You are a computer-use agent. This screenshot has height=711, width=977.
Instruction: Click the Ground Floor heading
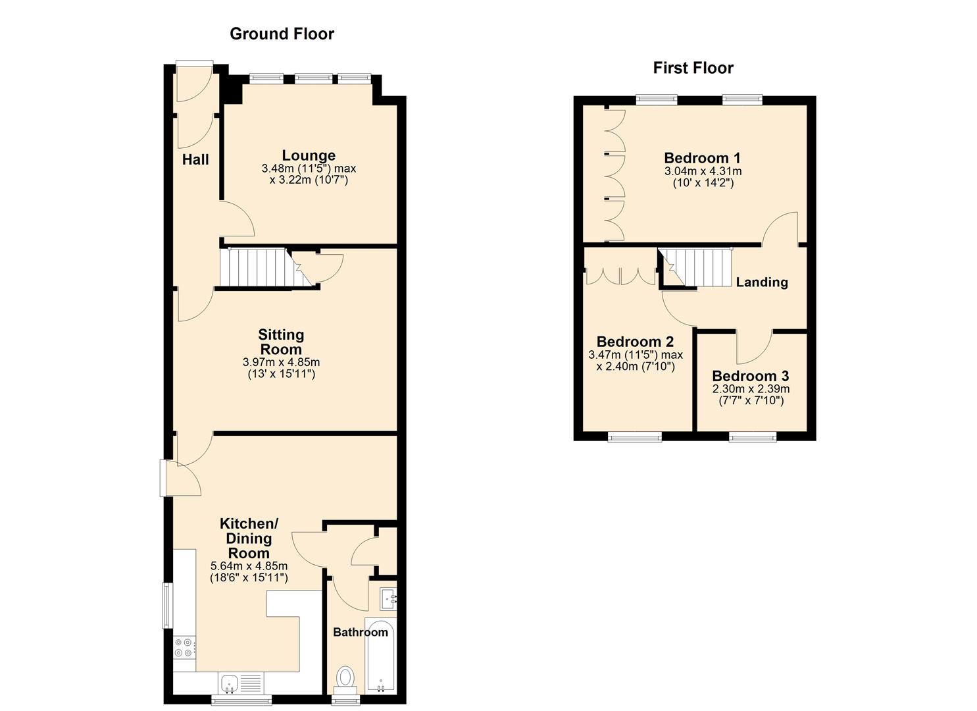[282, 34]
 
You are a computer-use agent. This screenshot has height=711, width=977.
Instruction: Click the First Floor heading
[693, 68]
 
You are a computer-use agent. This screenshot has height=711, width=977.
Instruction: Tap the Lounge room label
[309, 155]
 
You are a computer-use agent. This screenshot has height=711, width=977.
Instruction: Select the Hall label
[195, 160]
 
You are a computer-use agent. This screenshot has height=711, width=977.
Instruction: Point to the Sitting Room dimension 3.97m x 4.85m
[282, 362]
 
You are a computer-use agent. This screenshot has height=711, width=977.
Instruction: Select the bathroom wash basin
[388, 599]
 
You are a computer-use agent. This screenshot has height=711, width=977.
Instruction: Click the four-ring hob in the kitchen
[184, 648]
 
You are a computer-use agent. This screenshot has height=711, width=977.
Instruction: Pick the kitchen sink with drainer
[241, 683]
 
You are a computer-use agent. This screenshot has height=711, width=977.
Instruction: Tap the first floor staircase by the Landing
[695, 267]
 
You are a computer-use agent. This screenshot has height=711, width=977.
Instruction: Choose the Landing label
[762, 282]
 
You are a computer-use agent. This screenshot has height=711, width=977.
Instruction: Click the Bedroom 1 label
[702, 158]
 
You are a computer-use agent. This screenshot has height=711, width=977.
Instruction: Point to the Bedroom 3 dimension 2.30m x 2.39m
[751, 389]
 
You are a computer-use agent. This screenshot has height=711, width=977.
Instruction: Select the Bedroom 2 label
[635, 341]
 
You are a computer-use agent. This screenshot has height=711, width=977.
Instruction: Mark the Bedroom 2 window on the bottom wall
[635, 436]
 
